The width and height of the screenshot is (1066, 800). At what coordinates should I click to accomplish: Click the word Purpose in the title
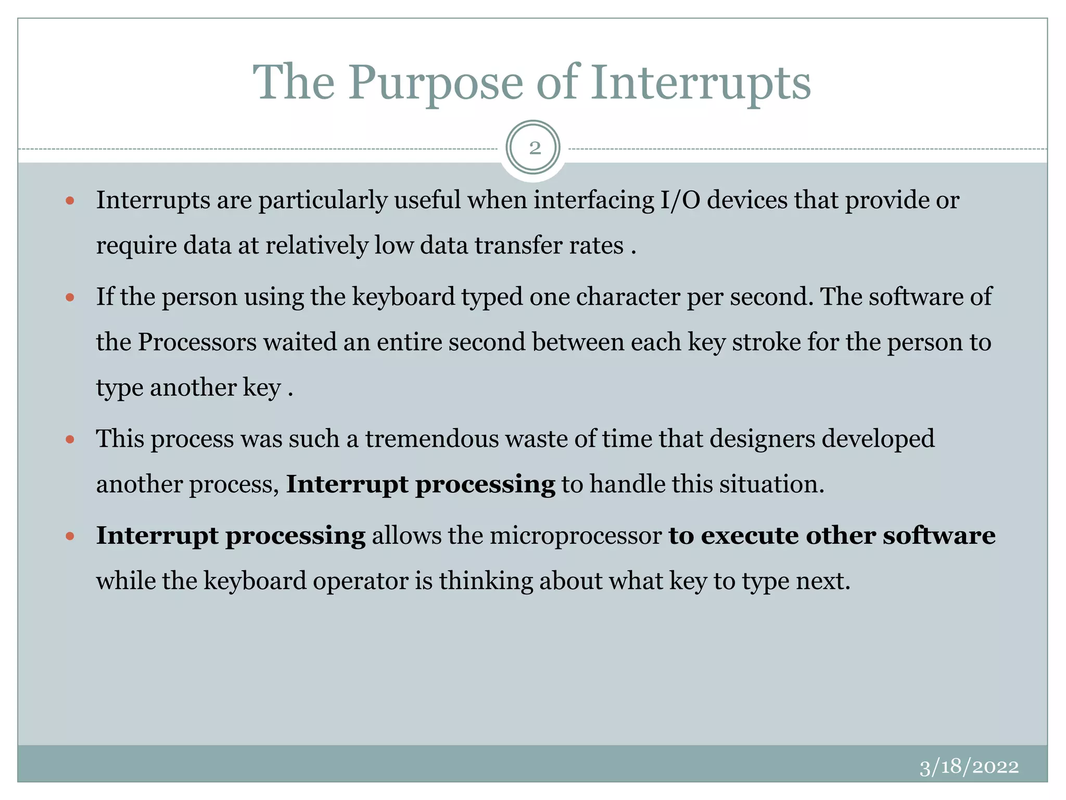click(x=435, y=83)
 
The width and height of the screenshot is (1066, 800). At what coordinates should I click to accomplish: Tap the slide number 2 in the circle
click(x=534, y=148)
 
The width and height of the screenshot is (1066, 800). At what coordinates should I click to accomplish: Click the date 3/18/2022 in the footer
click(x=969, y=767)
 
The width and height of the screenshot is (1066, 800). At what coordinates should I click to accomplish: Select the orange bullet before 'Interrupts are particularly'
click(x=70, y=201)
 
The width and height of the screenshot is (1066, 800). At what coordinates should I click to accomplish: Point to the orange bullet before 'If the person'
click(x=70, y=297)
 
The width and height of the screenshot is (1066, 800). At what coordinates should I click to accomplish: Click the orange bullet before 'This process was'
click(x=70, y=440)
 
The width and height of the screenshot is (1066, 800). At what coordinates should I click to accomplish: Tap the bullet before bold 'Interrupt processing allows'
click(x=70, y=536)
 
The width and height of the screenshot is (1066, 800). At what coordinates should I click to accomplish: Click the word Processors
click(x=197, y=342)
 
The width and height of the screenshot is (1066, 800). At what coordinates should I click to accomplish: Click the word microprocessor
click(x=576, y=536)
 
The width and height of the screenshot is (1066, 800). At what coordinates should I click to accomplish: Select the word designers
click(x=763, y=439)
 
